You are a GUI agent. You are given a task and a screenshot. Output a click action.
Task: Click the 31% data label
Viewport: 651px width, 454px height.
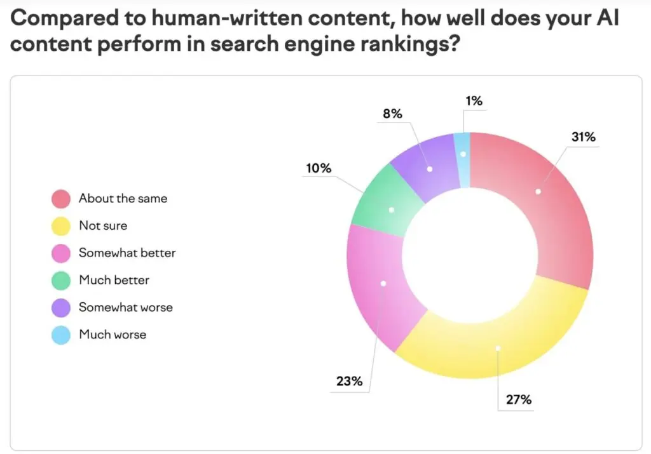pyautogui.click(x=582, y=137)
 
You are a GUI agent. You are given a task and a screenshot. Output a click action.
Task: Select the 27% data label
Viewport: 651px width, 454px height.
pyautogui.click(x=519, y=400)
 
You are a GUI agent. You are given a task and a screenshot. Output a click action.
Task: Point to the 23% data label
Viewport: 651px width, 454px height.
pyautogui.click(x=349, y=382)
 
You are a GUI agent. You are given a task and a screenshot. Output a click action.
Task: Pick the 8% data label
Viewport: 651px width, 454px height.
pyautogui.click(x=392, y=114)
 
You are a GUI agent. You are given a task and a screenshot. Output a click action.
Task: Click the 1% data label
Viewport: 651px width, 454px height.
pyautogui.click(x=474, y=100)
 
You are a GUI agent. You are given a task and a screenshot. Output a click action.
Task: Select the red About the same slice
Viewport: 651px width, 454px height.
pyautogui.click(x=540, y=197)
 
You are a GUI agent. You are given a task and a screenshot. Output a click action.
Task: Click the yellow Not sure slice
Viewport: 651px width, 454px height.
pyautogui.click(x=496, y=343)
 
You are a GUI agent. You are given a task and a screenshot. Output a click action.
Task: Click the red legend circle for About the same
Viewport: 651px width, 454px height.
pyautogui.click(x=61, y=198)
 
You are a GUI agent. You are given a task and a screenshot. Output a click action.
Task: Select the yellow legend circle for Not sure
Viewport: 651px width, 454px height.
pyautogui.click(x=61, y=225)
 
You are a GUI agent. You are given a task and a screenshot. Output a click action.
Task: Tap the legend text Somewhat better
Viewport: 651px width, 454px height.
pyautogui.click(x=127, y=253)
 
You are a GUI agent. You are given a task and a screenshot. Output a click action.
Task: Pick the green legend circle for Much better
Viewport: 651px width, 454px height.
pyautogui.click(x=61, y=280)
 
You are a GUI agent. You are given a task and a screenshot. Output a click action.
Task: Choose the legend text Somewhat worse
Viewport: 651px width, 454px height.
pyautogui.click(x=126, y=307)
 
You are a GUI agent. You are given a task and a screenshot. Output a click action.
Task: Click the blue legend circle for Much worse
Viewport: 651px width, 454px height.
pyautogui.click(x=61, y=335)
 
